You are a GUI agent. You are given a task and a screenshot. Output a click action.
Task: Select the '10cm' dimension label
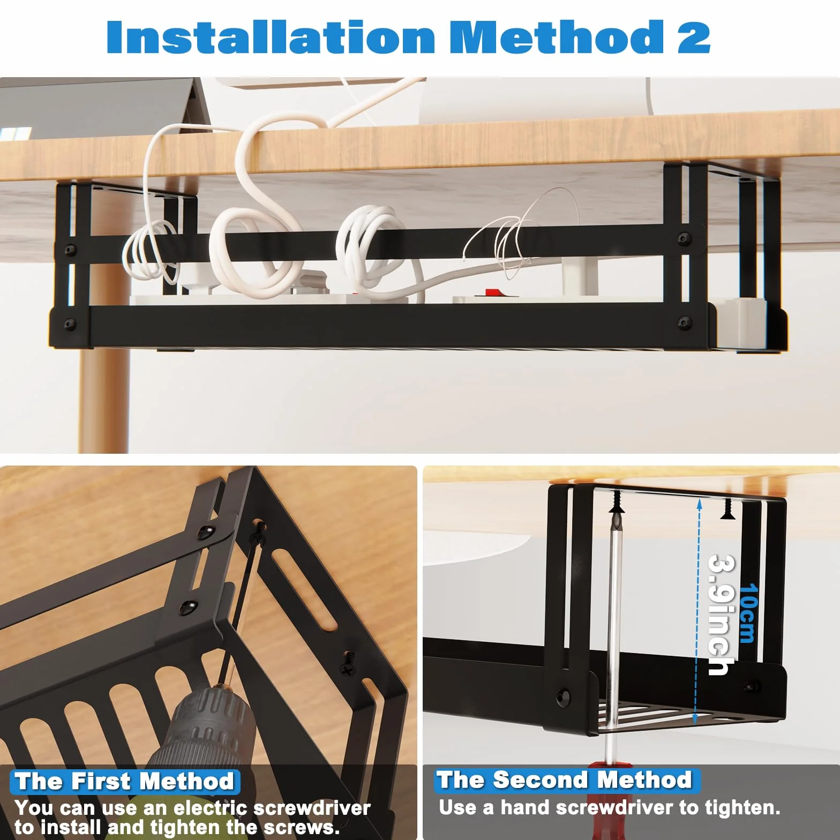point(748,613)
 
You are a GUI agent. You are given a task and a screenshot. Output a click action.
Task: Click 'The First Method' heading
point(124,781)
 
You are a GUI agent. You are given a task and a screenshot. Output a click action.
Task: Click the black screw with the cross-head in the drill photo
point(347,664)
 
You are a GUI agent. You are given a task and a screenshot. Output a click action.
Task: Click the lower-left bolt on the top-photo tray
point(70,324)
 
